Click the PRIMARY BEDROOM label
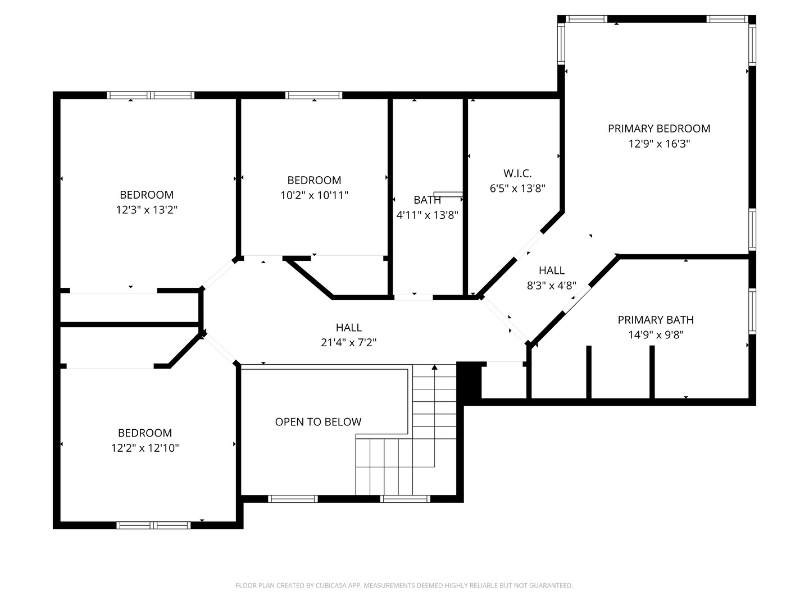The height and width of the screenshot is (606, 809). point(659,128)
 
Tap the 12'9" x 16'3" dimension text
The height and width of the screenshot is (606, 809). point(659,144)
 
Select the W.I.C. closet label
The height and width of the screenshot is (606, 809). point(517,173)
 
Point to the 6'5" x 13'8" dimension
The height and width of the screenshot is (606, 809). point(517,189)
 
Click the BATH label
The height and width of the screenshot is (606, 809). point(427,200)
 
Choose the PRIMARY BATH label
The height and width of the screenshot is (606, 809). point(656,320)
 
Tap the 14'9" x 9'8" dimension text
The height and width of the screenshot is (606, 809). point(656,335)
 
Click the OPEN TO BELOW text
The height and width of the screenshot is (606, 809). point(318,421)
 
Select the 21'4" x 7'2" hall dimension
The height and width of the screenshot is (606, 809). point(349,342)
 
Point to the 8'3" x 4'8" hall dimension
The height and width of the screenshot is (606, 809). point(551,286)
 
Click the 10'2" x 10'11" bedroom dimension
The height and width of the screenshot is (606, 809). point(314,195)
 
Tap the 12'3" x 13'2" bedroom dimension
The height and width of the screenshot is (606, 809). point(147,210)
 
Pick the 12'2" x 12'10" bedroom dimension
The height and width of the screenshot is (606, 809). point(145,448)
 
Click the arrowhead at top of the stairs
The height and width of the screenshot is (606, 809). point(434,367)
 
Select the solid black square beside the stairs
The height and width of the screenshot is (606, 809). point(469,380)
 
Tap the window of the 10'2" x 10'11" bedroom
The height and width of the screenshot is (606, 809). point(313,95)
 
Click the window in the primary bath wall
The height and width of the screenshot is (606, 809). point(752,311)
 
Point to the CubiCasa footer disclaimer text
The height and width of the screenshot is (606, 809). point(404,585)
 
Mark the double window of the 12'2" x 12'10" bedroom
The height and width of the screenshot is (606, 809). point(154,525)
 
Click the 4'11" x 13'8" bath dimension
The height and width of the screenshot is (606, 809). point(427,215)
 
